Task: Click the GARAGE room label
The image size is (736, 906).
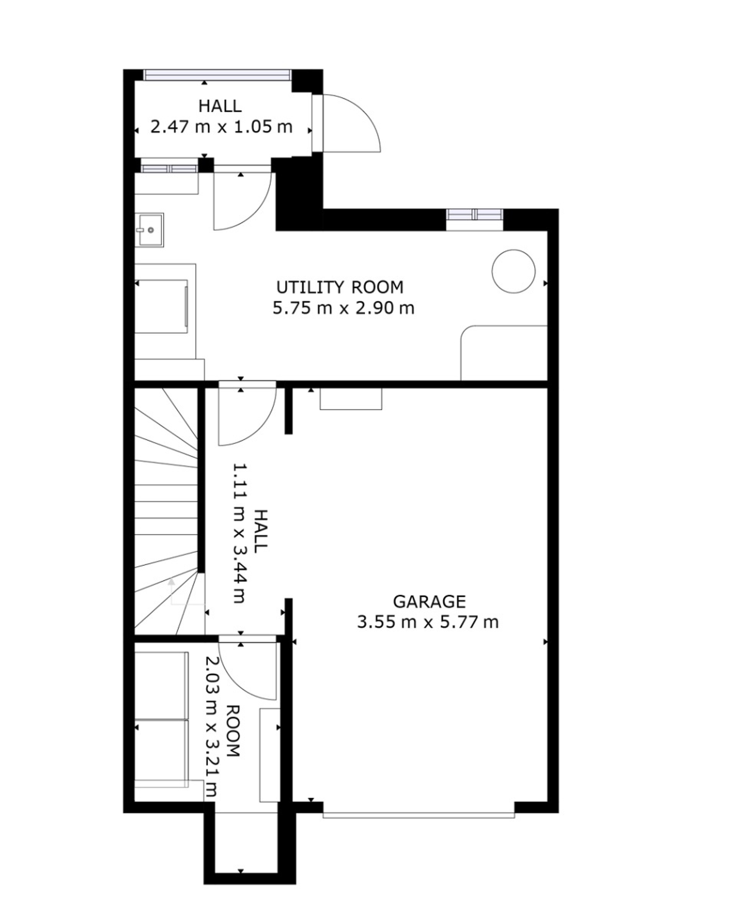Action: [429, 602]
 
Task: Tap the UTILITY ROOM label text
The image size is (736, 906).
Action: [340, 288]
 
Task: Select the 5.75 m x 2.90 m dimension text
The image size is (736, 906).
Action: [343, 309]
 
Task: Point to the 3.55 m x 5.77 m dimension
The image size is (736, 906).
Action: [428, 622]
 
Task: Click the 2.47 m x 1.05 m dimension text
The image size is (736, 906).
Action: [221, 127]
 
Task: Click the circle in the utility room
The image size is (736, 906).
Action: [513, 271]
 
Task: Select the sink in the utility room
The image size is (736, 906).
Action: [149, 230]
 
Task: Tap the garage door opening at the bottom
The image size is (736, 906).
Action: [419, 815]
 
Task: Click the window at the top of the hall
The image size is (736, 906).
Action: [217, 75]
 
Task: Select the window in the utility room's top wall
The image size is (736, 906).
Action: [475, 215]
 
